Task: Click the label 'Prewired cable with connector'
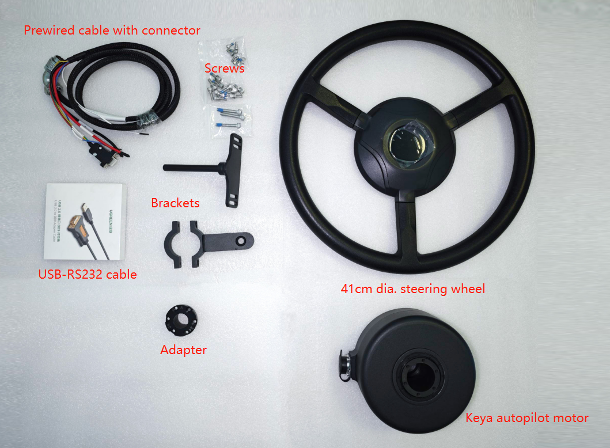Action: (112, 30)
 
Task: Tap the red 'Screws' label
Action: (224, 69)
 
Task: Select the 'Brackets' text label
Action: (175, 203)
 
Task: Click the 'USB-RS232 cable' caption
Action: (88, 274)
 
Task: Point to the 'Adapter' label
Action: (183, 350)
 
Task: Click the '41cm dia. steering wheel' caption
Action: (412, 288)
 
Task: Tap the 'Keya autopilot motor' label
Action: (526, 418)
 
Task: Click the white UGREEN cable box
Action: (84, 221)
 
